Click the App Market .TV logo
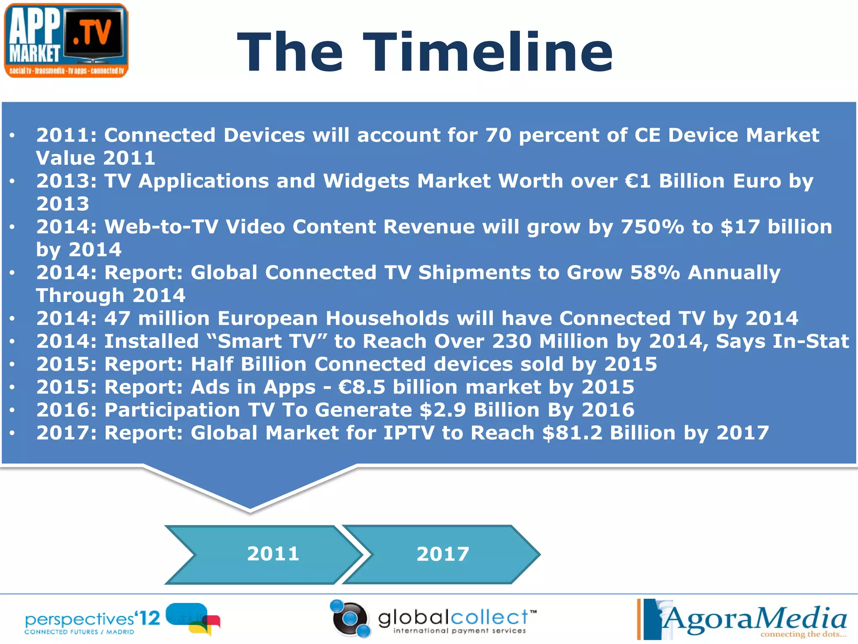click(66, 41)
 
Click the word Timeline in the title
click(488, 53)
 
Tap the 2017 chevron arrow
click(442, 554)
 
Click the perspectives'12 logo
click(121, 620)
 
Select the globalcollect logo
click(434, 619)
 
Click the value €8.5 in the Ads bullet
click(362, 387)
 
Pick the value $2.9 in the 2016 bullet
click(443, 410)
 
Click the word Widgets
click(366, 182)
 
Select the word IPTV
click(409, 433)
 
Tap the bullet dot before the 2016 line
click(13, 410)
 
